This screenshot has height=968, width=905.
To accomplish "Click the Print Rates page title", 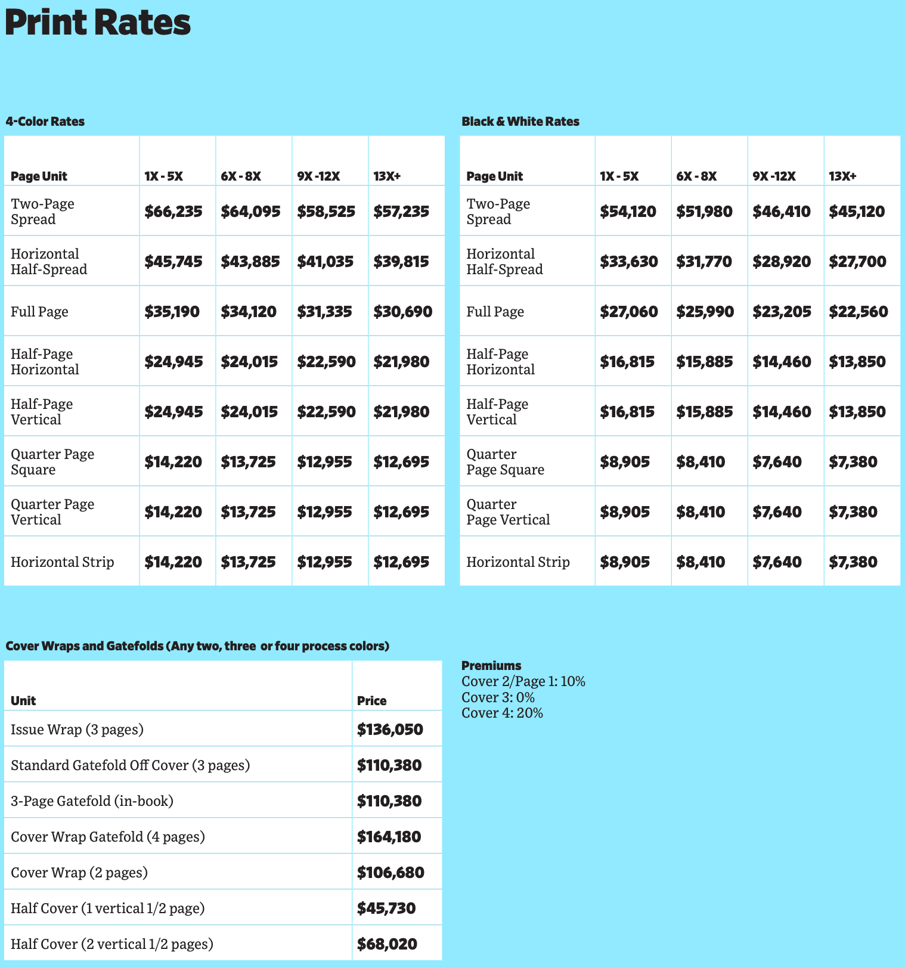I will (x=98, y=23).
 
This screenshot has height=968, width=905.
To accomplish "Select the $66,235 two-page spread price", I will (x=173, y=212).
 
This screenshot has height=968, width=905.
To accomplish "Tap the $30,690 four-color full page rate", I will (x=402, y=312).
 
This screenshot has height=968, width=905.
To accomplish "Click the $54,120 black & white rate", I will (x=628, y=212).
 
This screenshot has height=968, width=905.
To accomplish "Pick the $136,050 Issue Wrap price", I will (x=390, y=730).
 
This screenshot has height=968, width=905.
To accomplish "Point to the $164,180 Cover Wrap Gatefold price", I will (x=389, y=837).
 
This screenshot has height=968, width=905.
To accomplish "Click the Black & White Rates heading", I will (x=520, y=122).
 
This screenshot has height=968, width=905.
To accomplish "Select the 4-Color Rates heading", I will (x=45, y=122).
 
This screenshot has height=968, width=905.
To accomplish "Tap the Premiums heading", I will (x=491, y=666).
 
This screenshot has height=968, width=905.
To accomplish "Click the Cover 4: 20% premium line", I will (x=502, y=713).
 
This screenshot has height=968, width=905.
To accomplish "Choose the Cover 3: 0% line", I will (x=498, y=697).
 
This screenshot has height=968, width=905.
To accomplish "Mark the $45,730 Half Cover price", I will (x=386, y=908).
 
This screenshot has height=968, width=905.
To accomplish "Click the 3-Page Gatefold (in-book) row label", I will (x=92, y=801).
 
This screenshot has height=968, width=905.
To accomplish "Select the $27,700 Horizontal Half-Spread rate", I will (x=857, y=262).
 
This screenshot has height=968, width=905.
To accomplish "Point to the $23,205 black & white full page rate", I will (x=782, y=312).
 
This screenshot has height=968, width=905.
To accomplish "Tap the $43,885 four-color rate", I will (x=250, y=262).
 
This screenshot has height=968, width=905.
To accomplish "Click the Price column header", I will (x=371, y=701).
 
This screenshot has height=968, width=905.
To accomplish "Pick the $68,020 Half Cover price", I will (x=387, y=944).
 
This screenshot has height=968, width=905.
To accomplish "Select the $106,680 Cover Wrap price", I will (x=390, y=873).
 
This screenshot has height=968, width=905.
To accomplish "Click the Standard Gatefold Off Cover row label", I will (x=130, y=765).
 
